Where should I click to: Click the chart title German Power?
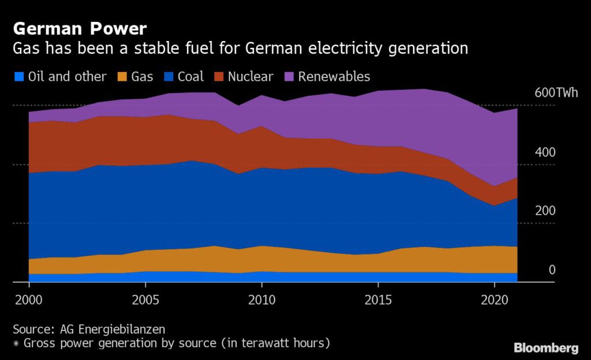[80, 28]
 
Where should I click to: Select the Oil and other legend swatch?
[19, 77]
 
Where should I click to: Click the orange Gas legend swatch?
[122, 77]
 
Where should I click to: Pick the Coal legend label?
[190, 77]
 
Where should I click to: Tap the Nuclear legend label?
[250, 77]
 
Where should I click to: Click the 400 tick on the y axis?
[545, 152]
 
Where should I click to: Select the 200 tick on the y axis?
[545, 211]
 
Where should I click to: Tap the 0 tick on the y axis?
[552, 270]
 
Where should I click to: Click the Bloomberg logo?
[546, 348]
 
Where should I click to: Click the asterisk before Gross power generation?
[16, 343]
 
